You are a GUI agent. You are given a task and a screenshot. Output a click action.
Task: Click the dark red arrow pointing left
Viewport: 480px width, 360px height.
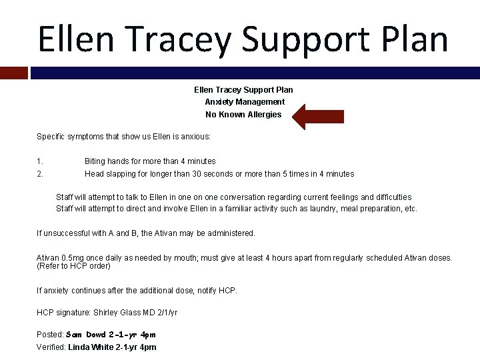[x=318, y=116]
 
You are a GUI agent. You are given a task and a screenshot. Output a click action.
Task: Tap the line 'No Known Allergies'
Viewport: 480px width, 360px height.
[x=243, y=115]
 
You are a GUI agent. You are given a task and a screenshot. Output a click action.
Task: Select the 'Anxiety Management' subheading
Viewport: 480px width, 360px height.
[x=244, y=102]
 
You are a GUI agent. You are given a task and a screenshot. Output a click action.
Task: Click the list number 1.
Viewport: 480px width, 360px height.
[x=40, y=161]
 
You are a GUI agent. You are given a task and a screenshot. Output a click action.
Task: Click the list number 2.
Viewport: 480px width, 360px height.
[x=40, y=174]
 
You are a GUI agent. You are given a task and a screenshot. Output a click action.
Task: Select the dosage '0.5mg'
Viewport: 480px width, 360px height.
[x=71, y=258]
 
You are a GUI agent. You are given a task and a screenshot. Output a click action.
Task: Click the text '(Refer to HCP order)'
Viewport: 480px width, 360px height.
[x=73, y=266]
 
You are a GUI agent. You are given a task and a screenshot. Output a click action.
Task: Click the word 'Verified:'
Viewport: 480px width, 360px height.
[x=51, y=347]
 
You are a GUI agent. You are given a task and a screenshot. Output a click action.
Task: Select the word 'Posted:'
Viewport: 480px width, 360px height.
[x=50, y=335]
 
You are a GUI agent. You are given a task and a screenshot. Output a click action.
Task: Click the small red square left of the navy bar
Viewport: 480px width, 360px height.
[x=14, y=73]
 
